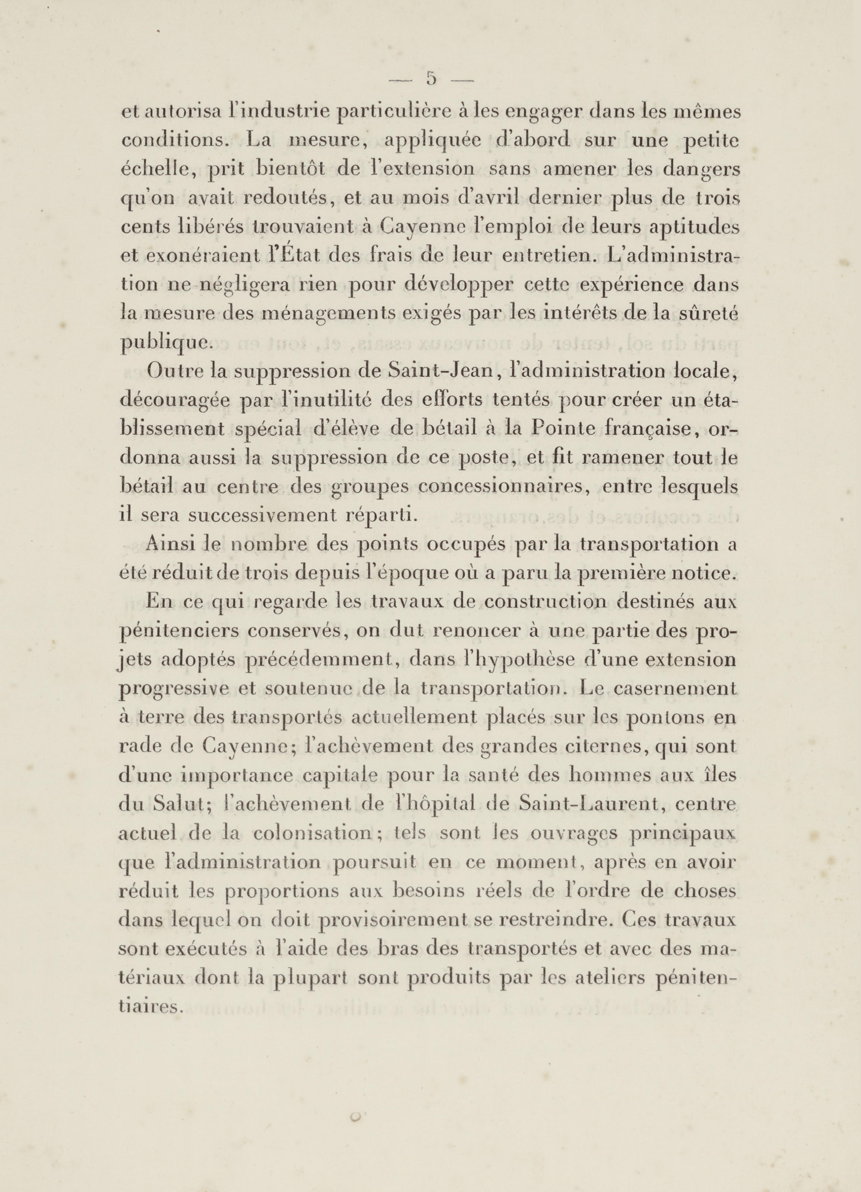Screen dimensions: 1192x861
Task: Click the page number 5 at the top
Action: click(x=431, y=79)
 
